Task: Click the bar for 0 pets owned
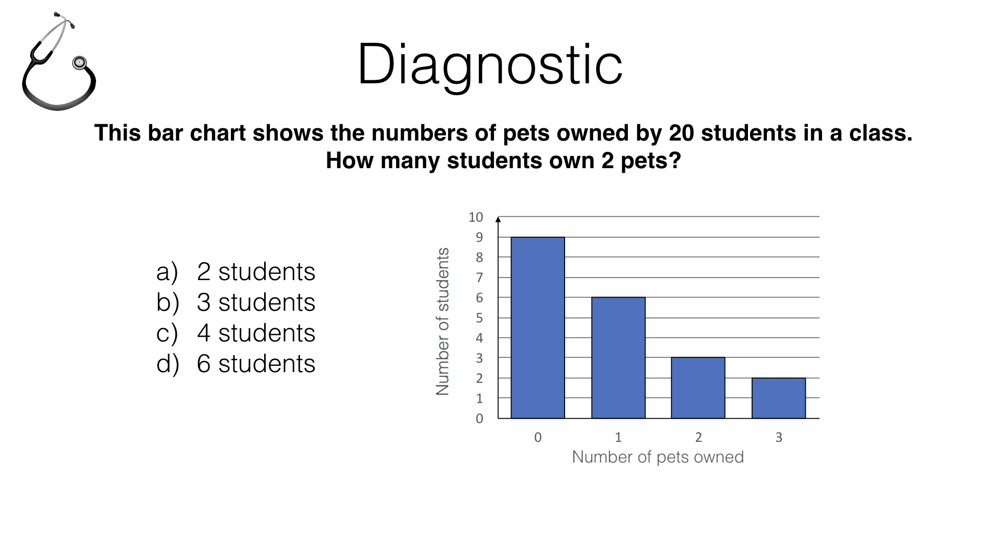click(538, 328)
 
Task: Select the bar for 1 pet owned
click(618, 358)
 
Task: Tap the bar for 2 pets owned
click(698, 388)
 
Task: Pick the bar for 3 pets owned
click(779, 398)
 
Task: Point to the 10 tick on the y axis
click(476, 217)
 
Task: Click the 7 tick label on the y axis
click(479, 278)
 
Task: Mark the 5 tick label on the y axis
click(479, 318)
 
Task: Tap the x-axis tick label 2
click(698, 437)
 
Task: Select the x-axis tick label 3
click(779, 437)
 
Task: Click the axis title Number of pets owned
click(658, 457)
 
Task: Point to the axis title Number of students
click(442, 321)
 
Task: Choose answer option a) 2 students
click(236, 272)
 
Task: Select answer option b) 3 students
click(236, 303)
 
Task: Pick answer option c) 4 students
click(236, 333)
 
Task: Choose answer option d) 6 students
click(236, 364)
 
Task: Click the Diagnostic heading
click(490, 65)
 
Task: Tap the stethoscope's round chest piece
click(79, 63)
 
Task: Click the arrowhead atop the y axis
click(498, 219)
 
